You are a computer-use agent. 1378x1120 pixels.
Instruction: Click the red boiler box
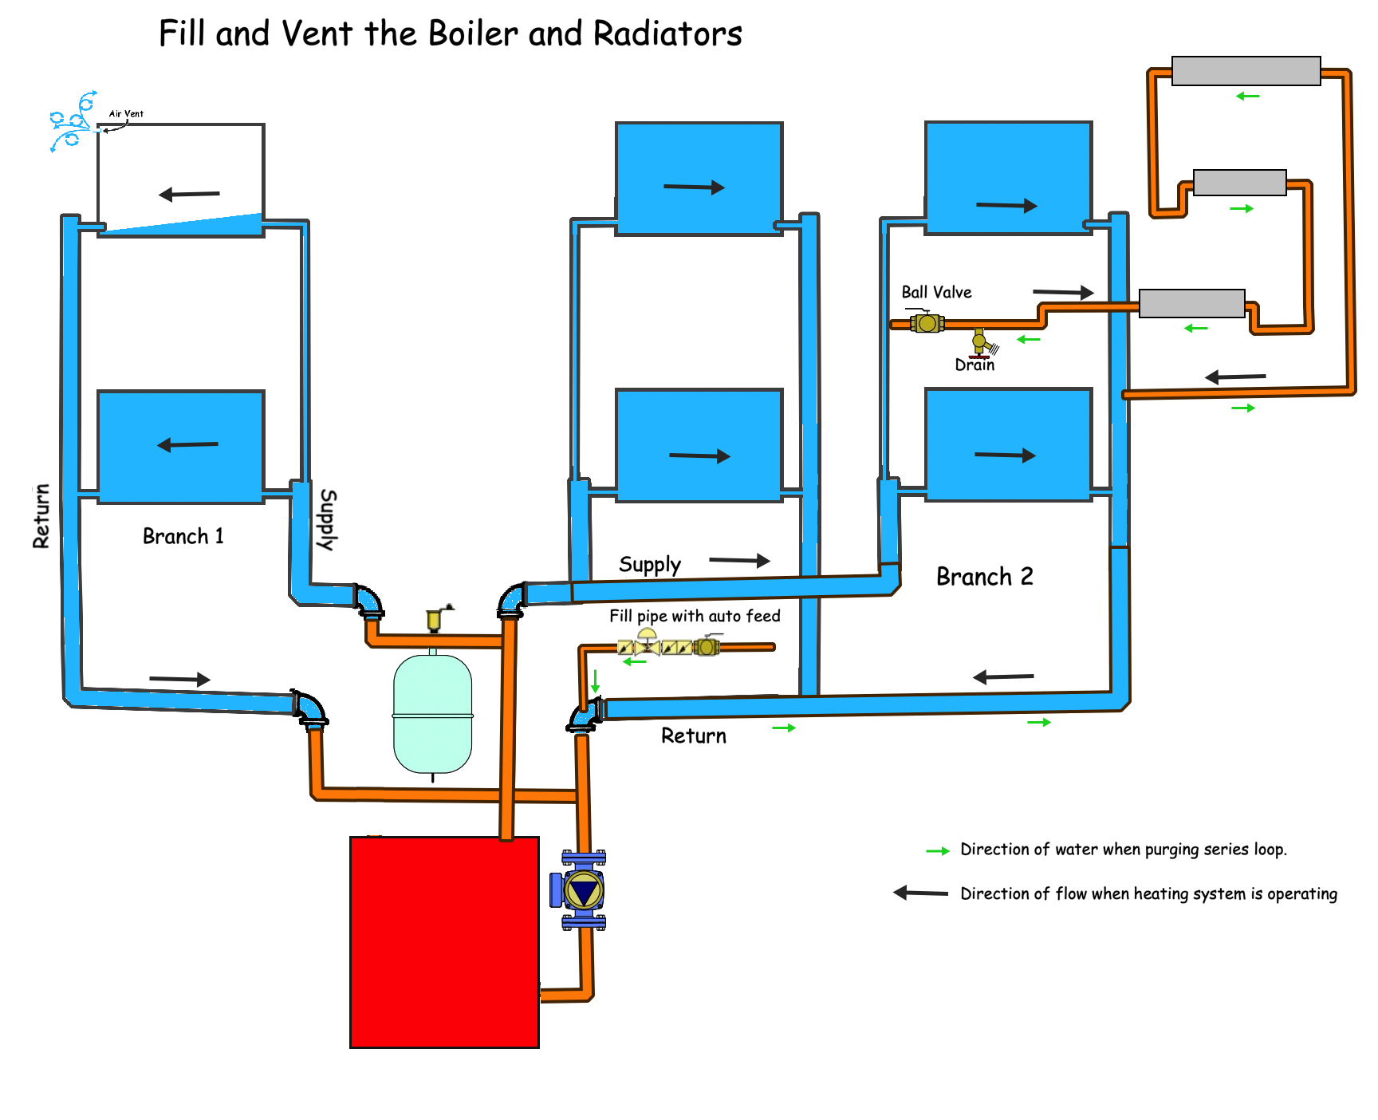coord(444,941)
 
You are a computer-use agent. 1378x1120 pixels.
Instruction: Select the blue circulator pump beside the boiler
coord(582,890)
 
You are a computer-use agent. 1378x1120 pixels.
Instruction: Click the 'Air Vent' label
coord(126,114)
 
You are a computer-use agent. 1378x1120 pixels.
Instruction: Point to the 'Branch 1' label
coord(183,536)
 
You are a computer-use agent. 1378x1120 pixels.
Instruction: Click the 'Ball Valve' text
coord(936,293)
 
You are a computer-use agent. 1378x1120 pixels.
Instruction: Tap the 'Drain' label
coord(974,365)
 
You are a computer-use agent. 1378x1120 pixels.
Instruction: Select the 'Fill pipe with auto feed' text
coord(695,616)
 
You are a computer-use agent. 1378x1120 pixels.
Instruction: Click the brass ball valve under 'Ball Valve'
coord(927,323)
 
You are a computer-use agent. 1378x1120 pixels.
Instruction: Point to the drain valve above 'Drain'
coord(980,342)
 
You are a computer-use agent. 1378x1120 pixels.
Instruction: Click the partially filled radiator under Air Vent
coord(181,179)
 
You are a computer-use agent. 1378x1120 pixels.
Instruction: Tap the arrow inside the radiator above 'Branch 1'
coord(187,445)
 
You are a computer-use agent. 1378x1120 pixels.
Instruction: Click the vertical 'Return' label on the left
coord(41,516)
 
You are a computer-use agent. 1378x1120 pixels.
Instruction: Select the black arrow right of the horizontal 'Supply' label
coord(739,561)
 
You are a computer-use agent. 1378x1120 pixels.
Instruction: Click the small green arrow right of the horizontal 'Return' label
coord(784,728)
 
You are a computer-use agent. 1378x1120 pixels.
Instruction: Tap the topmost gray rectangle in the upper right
coord(1246,71)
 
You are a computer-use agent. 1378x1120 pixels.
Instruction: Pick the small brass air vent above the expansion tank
coord(435,618)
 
